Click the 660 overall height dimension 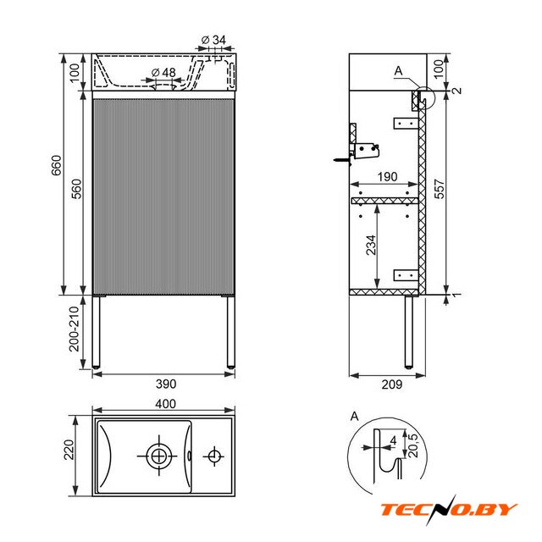(x=57, y=166)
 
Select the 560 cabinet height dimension (x=76, y=189)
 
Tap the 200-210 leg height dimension (x=75, y=329)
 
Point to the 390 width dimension (x=166, y=384)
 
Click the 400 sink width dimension (x=166, y=403)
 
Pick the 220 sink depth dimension (x=69, y=450)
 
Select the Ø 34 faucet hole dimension (x=213, y=40)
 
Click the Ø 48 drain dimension (x=163, y=73)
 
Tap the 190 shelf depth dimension (x=387, y=177)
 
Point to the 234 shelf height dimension (x=371, y=245)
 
